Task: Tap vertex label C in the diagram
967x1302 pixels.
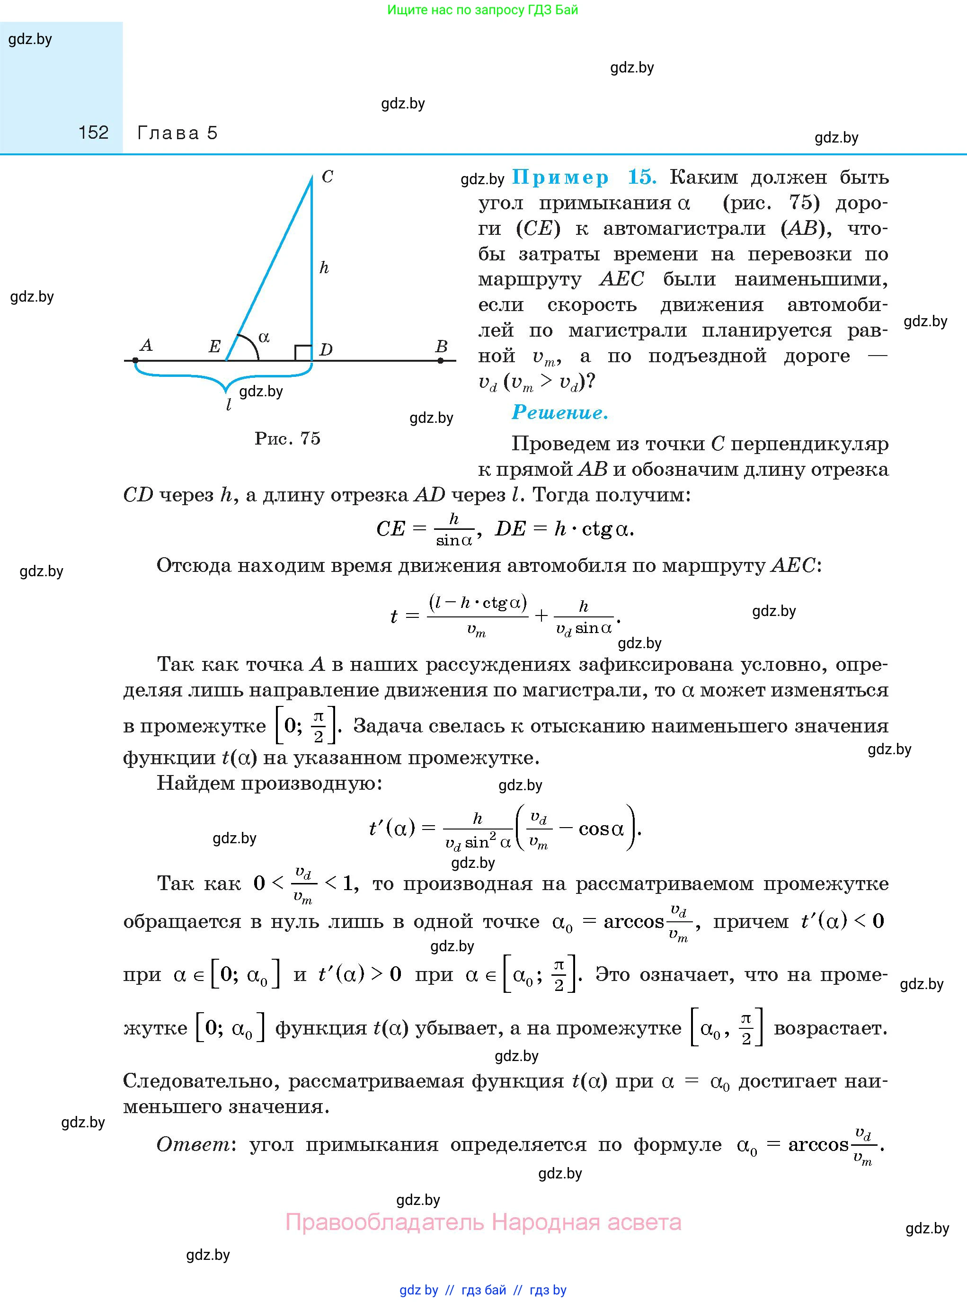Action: click(x=327, y=176)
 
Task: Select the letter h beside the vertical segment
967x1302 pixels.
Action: click(x=324, y=268)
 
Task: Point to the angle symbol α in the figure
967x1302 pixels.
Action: click(x=264, y=337)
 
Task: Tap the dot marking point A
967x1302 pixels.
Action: click(x=136, y=361)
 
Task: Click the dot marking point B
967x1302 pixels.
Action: click(x=440, y=361)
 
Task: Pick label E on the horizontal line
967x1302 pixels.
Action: click(x=214, y=347)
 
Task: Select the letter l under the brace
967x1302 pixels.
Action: click(x=228, y=404)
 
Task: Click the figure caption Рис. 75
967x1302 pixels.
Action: click(x=287, y=438)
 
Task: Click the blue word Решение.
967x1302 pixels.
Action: click(x=559, y=413)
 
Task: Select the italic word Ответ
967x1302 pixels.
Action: click(x=193, y=1144)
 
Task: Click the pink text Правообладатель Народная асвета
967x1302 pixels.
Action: click(x=483, y=1222)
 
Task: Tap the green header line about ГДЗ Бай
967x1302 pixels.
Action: click(x=482, y=10)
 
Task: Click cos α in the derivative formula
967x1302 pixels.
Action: click(x=601, y=829)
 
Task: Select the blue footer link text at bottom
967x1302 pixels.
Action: click(x=483, y=1290)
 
